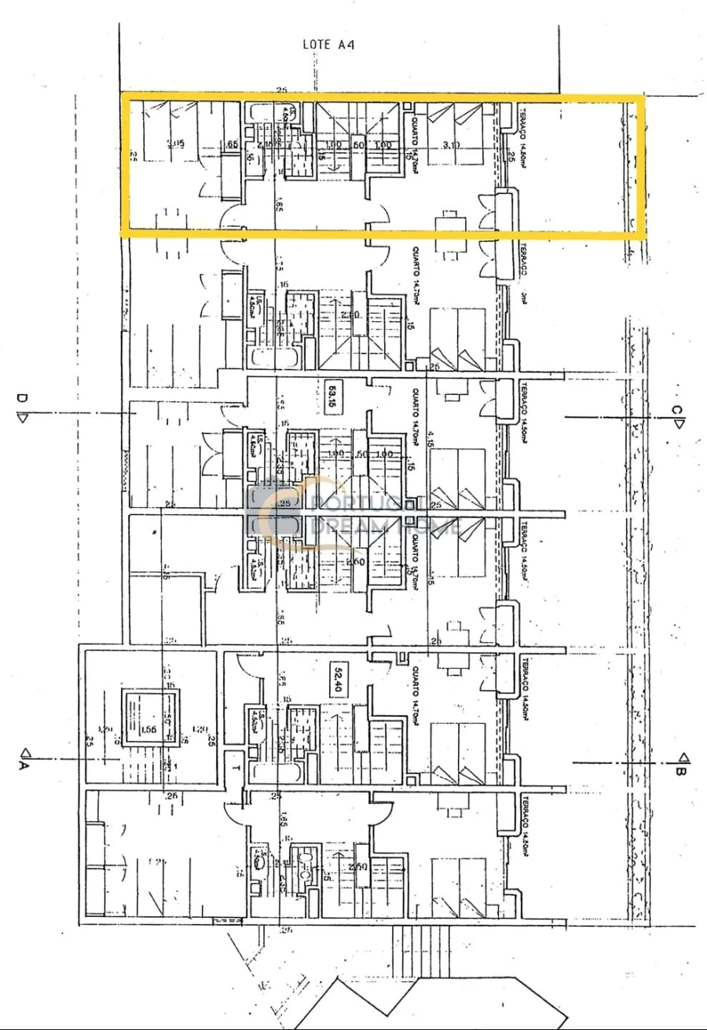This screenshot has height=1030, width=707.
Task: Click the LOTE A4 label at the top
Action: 328,45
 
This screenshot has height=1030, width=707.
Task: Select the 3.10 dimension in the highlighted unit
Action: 451,145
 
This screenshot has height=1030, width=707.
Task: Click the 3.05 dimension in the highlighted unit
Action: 176,144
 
